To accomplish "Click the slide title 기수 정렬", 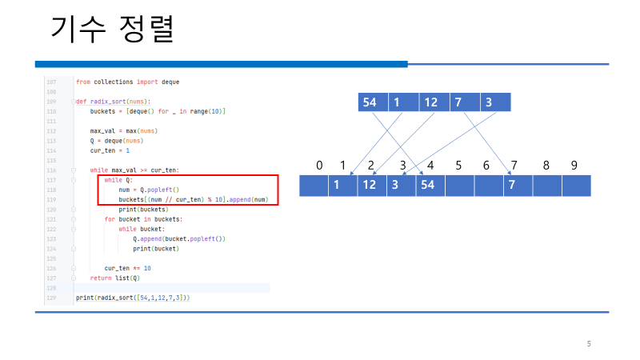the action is coord(113,31).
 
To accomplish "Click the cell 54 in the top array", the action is coord(370,102).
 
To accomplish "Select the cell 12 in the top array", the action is coord(430,102).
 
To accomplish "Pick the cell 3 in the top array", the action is coord(488,102).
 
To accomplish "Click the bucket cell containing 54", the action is coord(430,186).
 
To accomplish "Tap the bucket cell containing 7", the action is coord(517,186).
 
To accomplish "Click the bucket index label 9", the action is coord(574,166).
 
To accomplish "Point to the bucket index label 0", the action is coord(319,166).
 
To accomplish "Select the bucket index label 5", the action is coord(458,166).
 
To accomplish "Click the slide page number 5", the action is coord(589,344).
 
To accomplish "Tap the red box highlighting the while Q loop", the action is coord(192,190).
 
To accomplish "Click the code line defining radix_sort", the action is coord(113,102).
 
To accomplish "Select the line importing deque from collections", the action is coord(127,82).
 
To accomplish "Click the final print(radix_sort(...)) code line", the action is coord(132,298).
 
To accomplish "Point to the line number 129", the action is coord(52,298).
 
